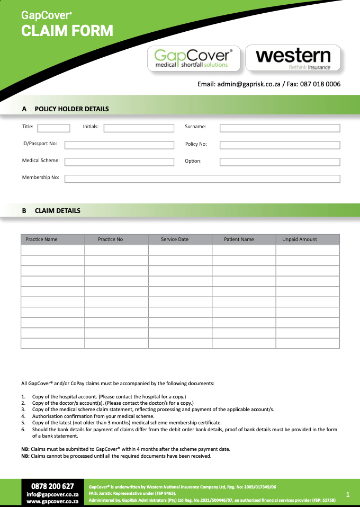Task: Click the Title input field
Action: tap(53, 128)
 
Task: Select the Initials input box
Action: tap(139, 128)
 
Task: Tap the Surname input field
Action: tap(280, 128)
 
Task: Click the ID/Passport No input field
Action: tap(119, 145)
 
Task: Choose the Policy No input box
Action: tap(280, 145)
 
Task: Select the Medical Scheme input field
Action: tap(119, 162)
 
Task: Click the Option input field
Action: tap(280, 162)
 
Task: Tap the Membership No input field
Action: tap(202, 179)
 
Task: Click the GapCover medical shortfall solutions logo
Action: tap(193, 58)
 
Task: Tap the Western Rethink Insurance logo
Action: tap(293, 58)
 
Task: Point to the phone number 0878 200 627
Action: tap(52, 486)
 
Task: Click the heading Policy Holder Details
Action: tap(71, 109)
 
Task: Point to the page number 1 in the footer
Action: tap(348, 494)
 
